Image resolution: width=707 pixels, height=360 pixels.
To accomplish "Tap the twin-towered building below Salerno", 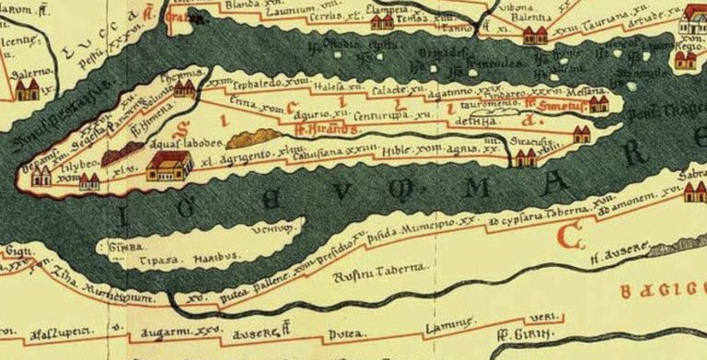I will click(x=27, y=89).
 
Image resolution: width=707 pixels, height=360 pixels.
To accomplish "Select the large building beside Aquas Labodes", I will click(x=168, y=166).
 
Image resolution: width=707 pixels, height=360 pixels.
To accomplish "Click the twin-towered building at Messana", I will click(x=598, y=104).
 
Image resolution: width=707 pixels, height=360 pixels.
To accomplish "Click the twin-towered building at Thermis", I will click(x=184, y=89).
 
